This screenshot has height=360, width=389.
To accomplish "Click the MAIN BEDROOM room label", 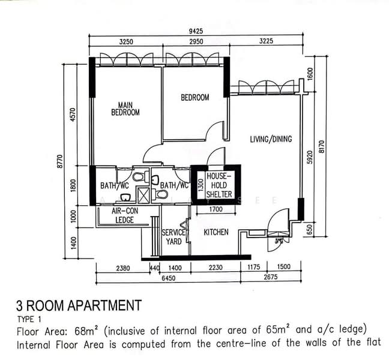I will (x=125, y=109).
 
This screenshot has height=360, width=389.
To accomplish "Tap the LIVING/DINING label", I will (x=271, y=139).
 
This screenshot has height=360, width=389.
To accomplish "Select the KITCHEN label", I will (x=216, y=232).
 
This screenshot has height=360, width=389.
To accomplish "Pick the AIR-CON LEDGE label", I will (x=125, y=215).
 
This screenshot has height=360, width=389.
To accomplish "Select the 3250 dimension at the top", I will (x=126, y=42).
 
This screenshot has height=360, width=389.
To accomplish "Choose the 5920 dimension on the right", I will (x=310, y=157).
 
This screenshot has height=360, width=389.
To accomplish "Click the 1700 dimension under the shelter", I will (x=216, y=209).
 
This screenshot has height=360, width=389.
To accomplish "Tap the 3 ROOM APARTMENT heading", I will (x=79, y=305).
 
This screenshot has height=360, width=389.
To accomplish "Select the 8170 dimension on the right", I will (x=322, y=146).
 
